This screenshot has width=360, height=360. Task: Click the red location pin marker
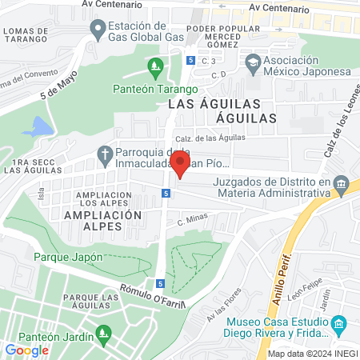coord(180,165)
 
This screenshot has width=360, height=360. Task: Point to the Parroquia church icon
coord(105,153)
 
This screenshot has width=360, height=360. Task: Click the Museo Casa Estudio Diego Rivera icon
coord(338,324)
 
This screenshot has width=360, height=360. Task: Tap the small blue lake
coord(37,127)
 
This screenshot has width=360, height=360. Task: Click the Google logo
coord(26,350)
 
